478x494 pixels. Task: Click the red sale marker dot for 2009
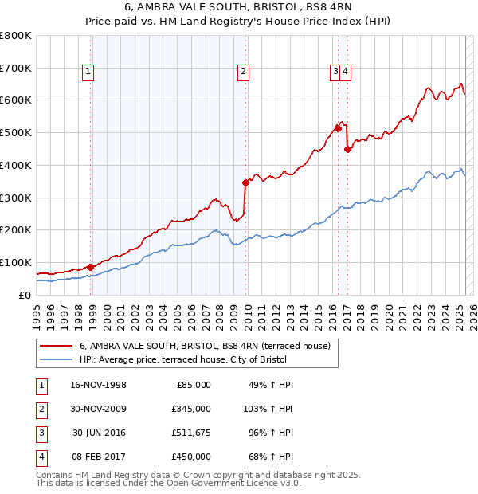[246, 182]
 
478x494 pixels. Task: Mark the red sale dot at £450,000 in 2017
[347, 148]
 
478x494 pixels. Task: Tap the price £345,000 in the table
[191, 409]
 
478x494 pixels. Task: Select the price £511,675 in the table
[191, 433]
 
